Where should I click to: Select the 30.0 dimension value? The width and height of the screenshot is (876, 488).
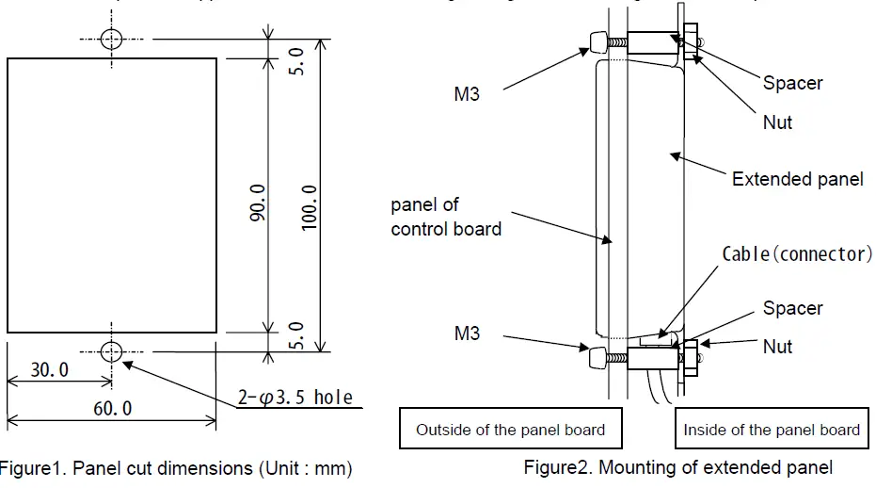49,370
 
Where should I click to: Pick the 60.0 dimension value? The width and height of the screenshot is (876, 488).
113,408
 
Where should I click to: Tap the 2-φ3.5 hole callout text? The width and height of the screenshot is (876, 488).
294,398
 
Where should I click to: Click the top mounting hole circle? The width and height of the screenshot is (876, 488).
112,39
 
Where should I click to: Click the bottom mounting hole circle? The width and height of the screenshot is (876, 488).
112,352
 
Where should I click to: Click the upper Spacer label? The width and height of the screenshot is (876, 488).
792,83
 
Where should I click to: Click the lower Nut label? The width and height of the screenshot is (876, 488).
777,347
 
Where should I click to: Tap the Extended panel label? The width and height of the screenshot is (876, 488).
797,179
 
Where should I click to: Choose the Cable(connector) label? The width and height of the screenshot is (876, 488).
797,254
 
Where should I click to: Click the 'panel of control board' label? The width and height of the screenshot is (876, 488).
445,217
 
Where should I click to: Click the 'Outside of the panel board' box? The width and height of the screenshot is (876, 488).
510,430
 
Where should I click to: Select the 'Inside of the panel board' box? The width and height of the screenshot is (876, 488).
772,430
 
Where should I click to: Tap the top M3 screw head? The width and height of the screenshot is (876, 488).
595,41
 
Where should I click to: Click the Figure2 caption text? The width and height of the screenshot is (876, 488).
677,466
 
